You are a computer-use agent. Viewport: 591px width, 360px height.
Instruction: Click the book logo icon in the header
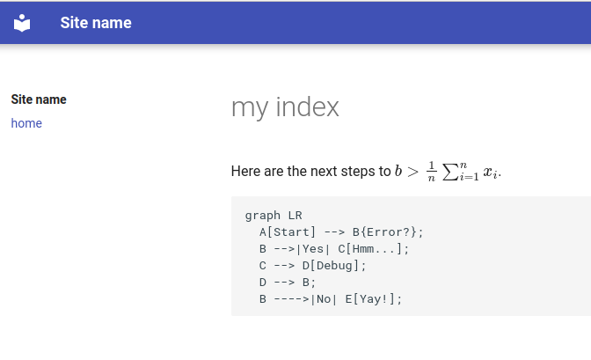click(22, 23)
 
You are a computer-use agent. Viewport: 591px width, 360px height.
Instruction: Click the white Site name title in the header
click(96, 23)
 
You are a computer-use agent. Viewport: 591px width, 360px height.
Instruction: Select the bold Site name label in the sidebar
click(39, 99)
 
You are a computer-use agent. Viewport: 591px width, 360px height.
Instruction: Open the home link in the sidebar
click(26, 123)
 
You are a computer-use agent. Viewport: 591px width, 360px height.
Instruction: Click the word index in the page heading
click(308, 107)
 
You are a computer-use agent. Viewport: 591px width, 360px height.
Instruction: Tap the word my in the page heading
click(250, 107)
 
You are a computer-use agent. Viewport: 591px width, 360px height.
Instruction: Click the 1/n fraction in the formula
click(431, 171)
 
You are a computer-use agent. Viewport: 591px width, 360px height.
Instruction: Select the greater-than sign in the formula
click(412, 171)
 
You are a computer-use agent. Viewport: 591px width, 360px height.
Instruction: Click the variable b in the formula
click(398, 171)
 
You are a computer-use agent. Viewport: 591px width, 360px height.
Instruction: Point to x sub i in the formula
click(491, 173)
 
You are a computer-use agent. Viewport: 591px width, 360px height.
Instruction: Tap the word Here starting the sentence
click(246, 171)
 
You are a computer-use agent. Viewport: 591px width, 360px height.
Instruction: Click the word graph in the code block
click(262, 216)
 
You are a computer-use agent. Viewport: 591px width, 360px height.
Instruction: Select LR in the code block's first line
click(295, 216)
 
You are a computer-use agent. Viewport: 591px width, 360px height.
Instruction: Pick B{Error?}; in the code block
click(388, 232)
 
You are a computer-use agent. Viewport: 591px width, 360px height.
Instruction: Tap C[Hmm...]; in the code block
click(374, 249)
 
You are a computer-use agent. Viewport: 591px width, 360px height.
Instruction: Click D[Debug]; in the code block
click(334, 266)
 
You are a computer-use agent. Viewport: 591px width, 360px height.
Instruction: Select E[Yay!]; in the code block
click(374, 299)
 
